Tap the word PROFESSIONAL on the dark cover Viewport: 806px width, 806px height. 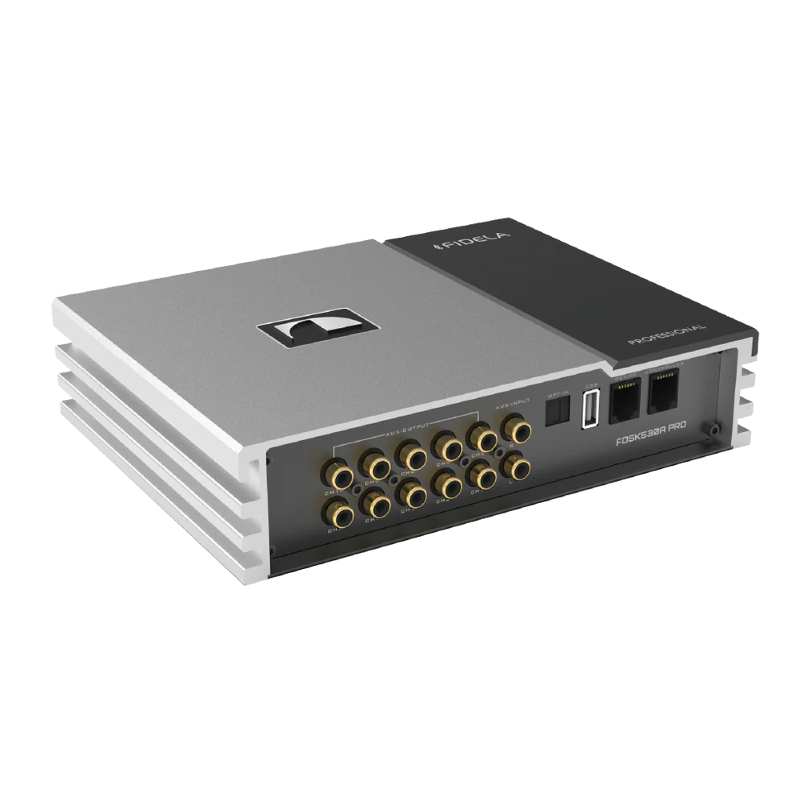click(x=667, y=334)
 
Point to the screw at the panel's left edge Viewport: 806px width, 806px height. click(x=268, y=461)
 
